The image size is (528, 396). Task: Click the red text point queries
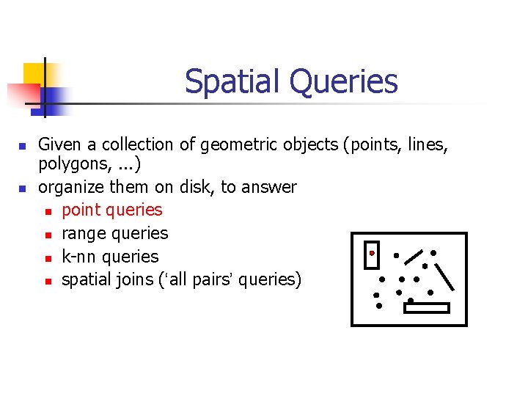pos(111,210)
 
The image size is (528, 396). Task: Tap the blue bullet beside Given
pos(23,146)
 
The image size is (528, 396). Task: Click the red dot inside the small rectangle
pos(372,253)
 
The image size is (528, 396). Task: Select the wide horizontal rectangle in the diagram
pos(426,308)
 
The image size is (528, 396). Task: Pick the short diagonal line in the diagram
pos(414,257)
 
